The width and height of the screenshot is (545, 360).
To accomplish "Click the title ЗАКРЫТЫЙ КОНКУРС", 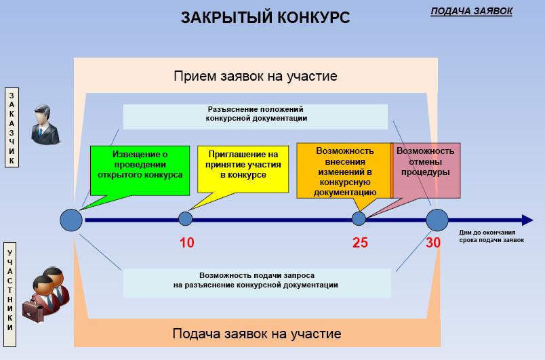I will coord(266,18).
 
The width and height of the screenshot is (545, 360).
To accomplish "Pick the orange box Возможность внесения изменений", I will coord(344,169).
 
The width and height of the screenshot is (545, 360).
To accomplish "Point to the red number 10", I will coord(186,243).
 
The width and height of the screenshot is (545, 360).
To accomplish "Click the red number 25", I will coord(360,243).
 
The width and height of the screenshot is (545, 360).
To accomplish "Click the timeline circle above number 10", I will coord(185,219).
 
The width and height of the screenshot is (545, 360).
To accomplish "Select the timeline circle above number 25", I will coord(359,219).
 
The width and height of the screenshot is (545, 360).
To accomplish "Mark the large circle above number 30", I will coord(437,220).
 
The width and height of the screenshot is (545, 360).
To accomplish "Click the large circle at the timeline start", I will coord(71,220).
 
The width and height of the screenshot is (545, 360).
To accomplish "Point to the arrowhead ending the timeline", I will coord(527,220).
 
